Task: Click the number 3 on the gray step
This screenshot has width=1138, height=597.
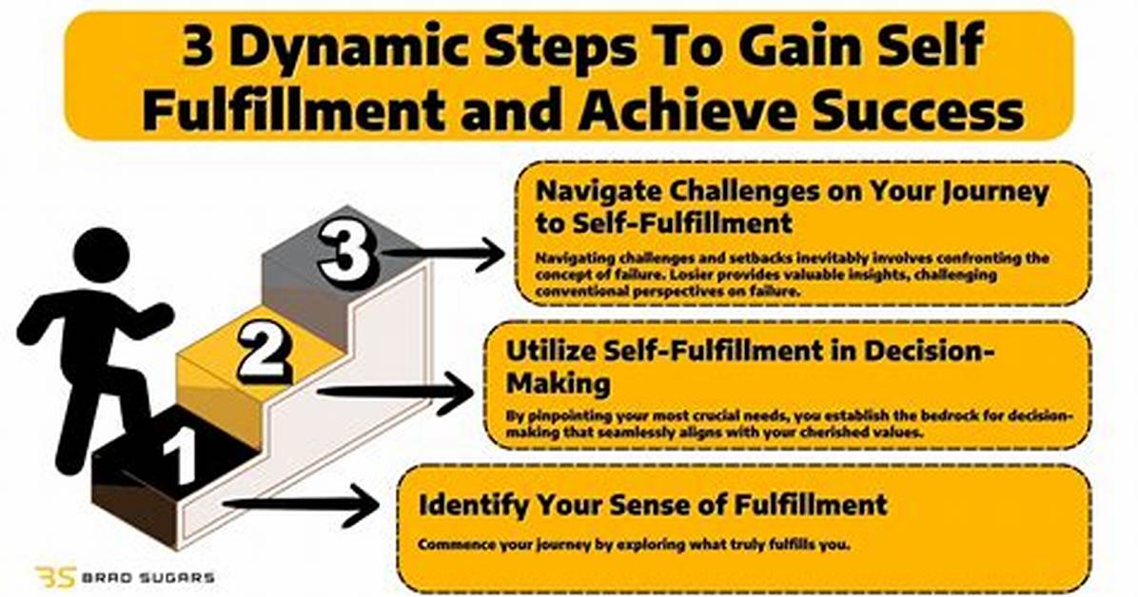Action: coord(348,254)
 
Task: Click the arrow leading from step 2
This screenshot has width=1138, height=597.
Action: coord(396,392)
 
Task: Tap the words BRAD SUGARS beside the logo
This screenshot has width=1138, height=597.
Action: coord(147,578)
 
